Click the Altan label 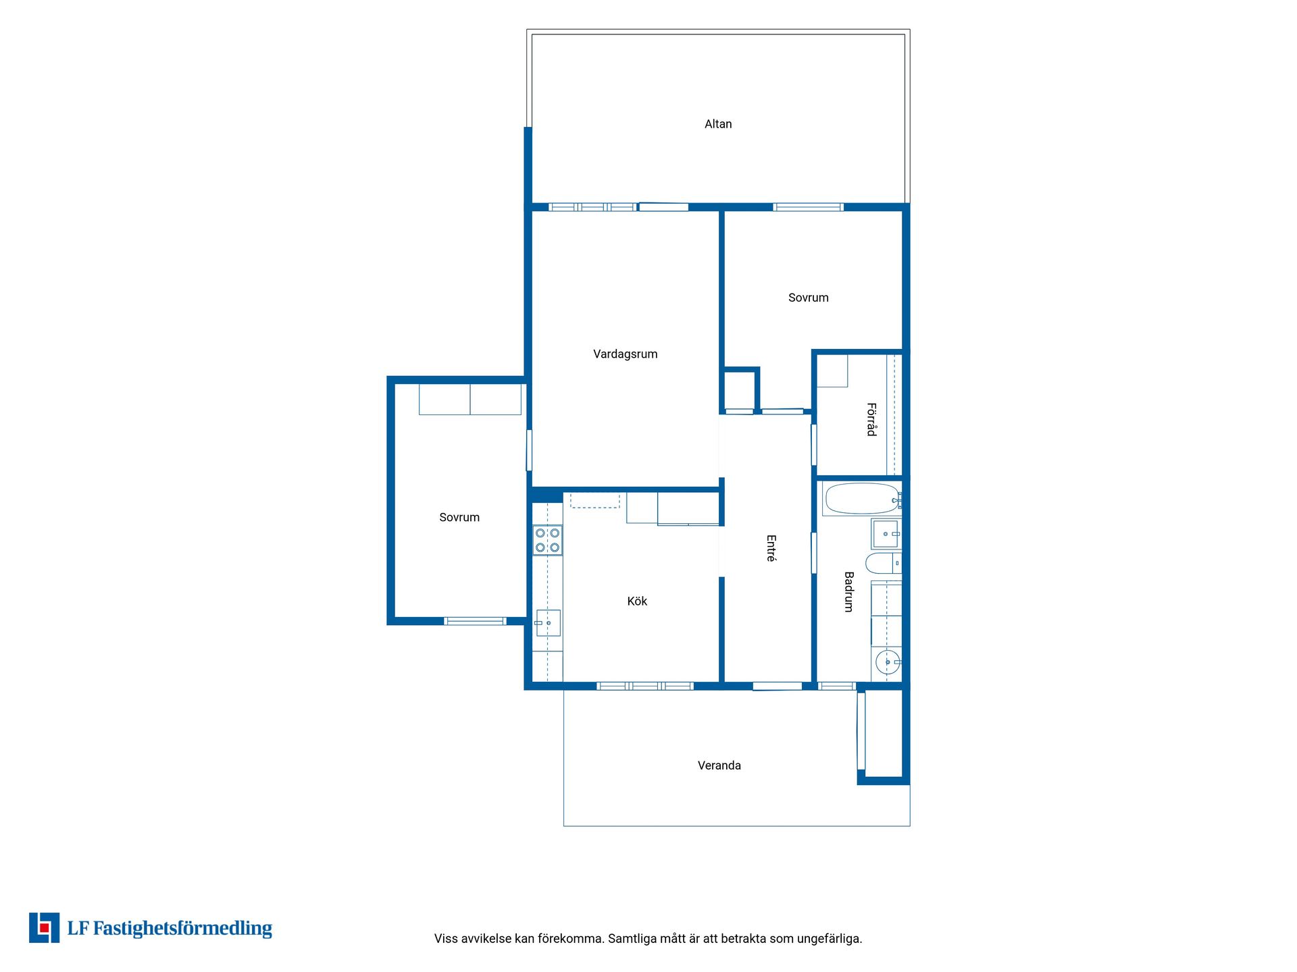point(718,124)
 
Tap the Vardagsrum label point(626,354)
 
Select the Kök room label point(637,601)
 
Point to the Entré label point(771,549)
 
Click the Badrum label point(849,592)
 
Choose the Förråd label point(871,420)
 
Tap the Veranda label point(719,765)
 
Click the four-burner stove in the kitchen point(547,540)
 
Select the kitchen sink point(548,623)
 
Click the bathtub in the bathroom point(863,499)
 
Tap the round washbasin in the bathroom point(888,662)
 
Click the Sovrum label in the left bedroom point(459,518)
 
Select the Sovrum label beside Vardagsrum point(809,298)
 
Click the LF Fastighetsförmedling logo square point(45,927)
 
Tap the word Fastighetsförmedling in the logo point(182,929)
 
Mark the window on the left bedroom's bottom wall point(475,621)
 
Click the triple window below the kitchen point(645,686)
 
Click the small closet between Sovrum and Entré point(740,389)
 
